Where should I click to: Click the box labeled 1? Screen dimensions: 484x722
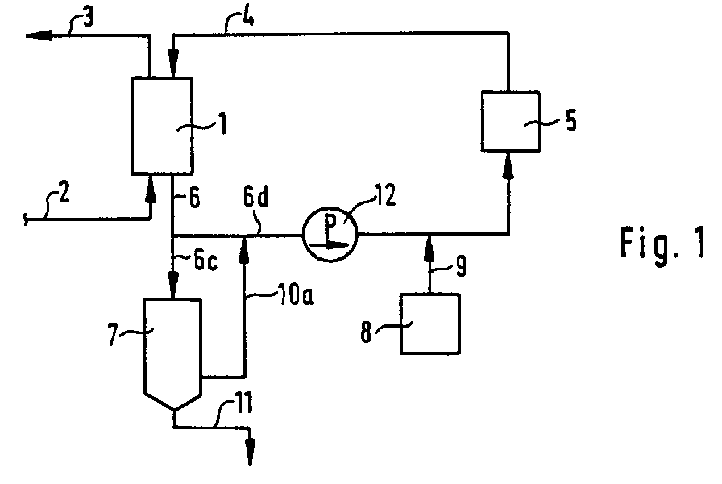coord(161,125)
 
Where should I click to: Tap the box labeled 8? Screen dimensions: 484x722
coord(430,323)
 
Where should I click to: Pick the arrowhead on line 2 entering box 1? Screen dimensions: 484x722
coord(150,183)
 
